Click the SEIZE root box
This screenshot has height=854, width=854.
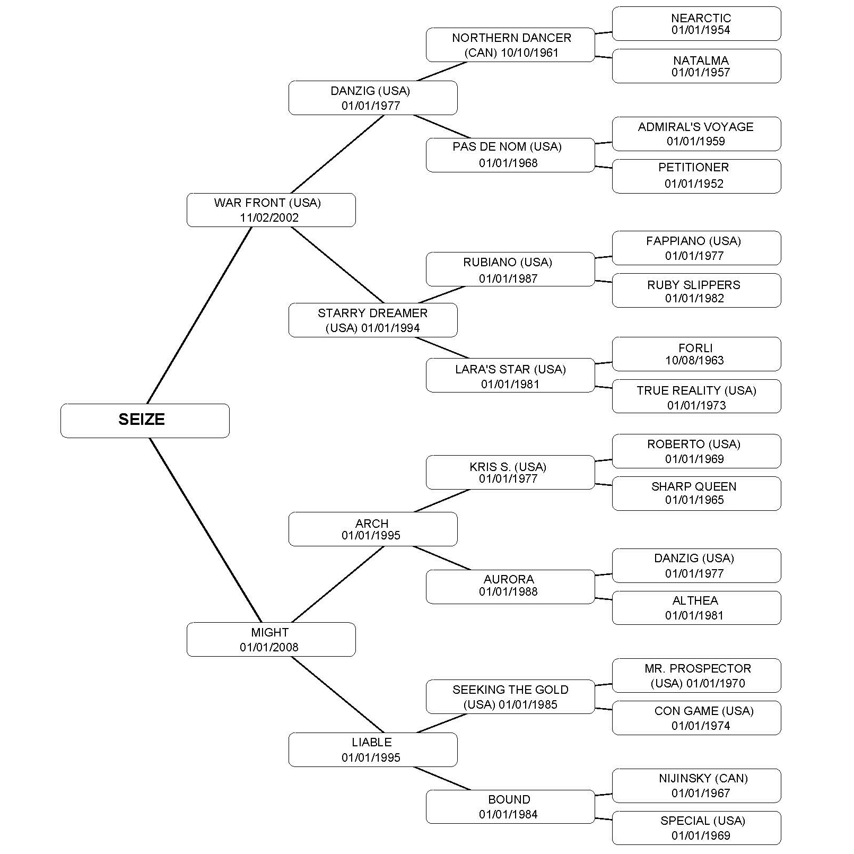(x=145, y=421)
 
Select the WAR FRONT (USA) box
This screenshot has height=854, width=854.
(x=271, y=210)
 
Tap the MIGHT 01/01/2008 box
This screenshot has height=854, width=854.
(x=271, y=639)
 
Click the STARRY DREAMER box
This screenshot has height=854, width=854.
(x=372, y=320)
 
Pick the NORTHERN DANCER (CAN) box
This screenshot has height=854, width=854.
(x=510, y=45)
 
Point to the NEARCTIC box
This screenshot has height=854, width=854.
(x=696, y=24)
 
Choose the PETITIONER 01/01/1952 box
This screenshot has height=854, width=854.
(x=696, y=176)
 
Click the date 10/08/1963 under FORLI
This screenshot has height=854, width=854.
(x=694, y=361)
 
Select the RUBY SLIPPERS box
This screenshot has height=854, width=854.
(x=696, y=291)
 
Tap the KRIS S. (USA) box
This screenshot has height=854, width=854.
(x=510, y=472)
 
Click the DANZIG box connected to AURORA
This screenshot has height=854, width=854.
(x=696, y=565)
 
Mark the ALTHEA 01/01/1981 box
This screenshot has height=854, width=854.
(x=696, y=608)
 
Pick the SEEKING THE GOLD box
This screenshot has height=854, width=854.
(x=510, y=696)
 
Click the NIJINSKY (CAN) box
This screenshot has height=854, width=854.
(x=696, y=786)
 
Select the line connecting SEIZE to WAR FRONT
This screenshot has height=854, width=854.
(x=199, y=316)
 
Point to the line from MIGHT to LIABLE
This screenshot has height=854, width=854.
(x=337, y=694)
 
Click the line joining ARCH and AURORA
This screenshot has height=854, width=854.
(x=442, y=558)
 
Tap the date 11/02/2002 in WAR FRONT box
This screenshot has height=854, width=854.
(x=269, y=217)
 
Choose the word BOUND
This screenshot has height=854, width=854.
(x=509, y=799)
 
